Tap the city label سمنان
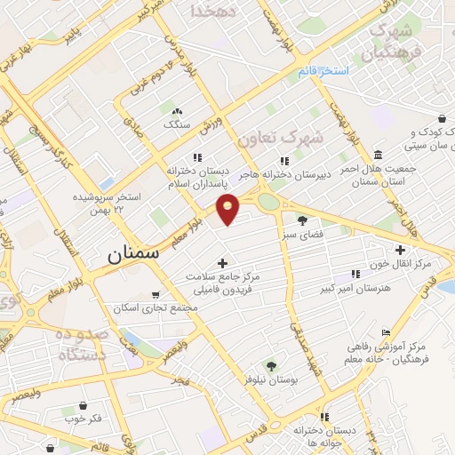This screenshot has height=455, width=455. (x=132, y=253)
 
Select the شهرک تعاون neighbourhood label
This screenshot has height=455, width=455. (x=280, y=139)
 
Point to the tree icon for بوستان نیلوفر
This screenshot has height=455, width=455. (x=271, y=364)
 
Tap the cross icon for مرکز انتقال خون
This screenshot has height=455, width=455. (x=399, y=250)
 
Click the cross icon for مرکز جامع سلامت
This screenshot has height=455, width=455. (x=221, y=262)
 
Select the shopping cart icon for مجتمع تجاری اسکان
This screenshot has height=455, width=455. (x=156, y=293)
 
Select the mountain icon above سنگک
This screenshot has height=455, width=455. (x=176, y=111)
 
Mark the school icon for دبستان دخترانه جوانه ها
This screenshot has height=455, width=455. (x=324, y=415)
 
